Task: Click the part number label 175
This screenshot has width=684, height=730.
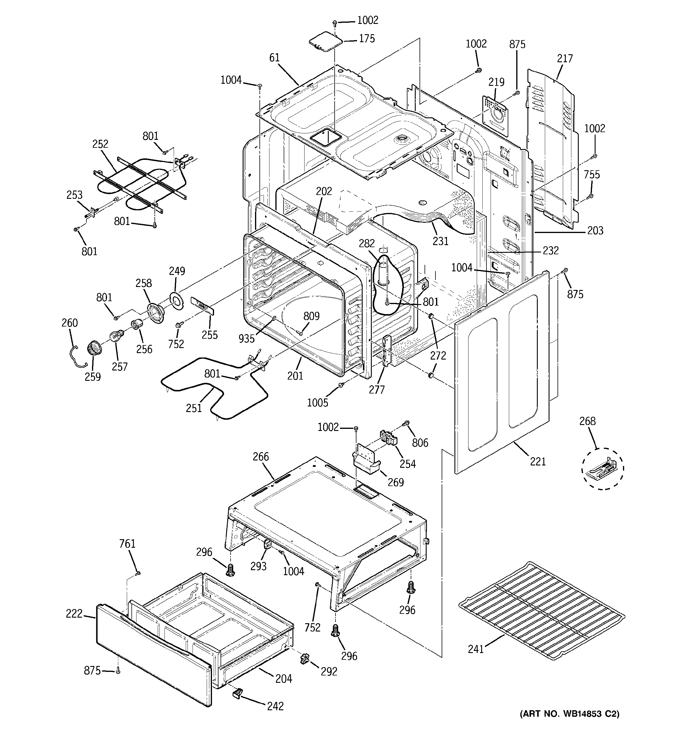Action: pos(367,39)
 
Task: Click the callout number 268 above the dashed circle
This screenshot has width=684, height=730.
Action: pos(587,421)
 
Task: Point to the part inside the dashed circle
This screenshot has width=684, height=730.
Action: pos(602,469)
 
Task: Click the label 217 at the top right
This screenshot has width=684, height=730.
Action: pos(565,58)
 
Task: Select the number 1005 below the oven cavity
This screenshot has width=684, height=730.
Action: pos(317,403)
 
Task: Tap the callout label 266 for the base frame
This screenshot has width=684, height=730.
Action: pos(261,457)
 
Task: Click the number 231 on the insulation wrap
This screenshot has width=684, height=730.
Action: pos(440,241)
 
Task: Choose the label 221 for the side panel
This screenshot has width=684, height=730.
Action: pos(538,462)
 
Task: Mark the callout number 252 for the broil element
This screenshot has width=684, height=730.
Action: pos(100,144)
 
